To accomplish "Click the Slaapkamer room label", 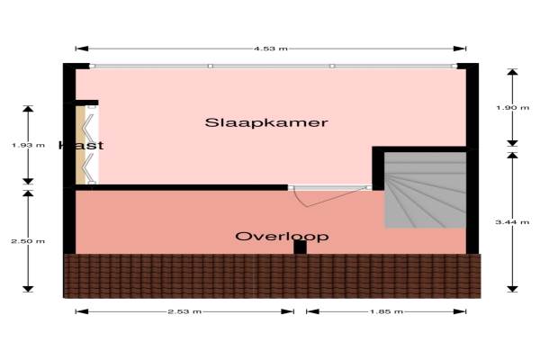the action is (x=266, y=122).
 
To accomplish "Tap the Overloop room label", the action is (x=282, y=237).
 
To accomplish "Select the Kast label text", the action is (x=81, y=146).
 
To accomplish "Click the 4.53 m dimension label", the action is (x=271, y=49).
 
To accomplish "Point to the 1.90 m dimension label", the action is (x=512, y=108).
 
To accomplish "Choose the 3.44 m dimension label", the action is (x=512, y=222).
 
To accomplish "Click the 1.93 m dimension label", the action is (x=28, y=146).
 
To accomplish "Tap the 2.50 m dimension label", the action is (x=28, y=241).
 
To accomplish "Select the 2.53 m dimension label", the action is (x=184, y=311).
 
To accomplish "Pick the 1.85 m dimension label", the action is (x=386, y=311).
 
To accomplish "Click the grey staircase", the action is (x=425, y=190).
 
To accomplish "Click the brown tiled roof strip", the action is (x=272, y=276).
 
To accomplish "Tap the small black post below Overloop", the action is (x=300, y=247).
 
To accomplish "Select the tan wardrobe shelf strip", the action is (x=80, y=145).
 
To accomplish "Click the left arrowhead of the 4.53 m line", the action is (x=82, y=49).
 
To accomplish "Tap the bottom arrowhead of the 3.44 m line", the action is (x=512, y=289).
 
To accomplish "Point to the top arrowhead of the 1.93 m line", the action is (x=28, y=109).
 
